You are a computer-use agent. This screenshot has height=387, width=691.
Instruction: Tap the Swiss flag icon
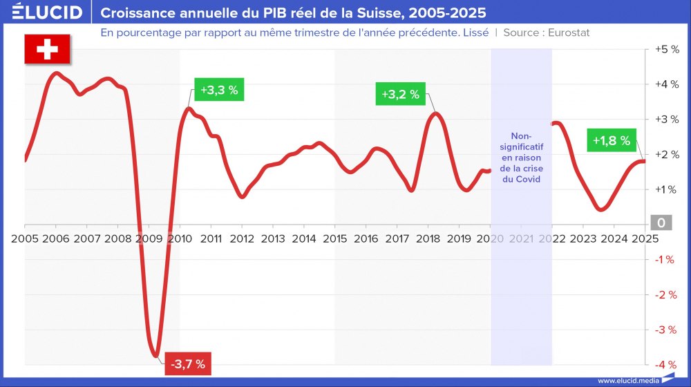tap(47, 49)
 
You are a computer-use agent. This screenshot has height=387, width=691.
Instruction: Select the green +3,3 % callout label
tap(219, 91)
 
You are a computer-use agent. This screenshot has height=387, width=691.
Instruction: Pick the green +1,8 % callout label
tap(612, 140)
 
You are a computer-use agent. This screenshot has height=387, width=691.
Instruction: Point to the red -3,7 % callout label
tap(188, 364)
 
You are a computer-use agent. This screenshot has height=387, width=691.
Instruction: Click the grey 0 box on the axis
tap(661, 223)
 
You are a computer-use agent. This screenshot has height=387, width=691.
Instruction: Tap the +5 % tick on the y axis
tap(666, 50)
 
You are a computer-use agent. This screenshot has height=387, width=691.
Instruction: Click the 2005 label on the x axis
tap(25, 238)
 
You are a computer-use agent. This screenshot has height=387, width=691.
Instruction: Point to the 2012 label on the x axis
tap(242, 238)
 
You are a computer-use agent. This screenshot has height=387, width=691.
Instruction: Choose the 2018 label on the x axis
tap(428, 238)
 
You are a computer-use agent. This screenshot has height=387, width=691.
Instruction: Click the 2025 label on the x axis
tap(644, 238)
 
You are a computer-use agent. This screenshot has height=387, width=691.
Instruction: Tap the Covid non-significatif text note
tap(521, 157)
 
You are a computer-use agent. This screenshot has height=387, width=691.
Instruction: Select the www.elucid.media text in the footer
tap(627, 380)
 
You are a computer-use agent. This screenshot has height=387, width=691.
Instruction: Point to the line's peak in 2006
tap(56, 73)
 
